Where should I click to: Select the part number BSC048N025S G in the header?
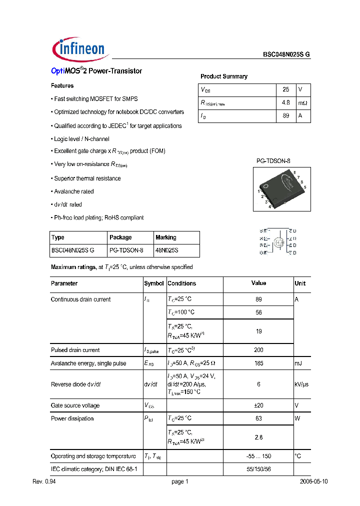pos(286,56)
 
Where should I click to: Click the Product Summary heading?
pos(223,76)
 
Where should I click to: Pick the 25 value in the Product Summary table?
pos(286,89)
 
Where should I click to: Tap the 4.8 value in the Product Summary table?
pos(286,103)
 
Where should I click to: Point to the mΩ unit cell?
pos(303,103)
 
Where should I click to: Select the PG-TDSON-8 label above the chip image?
pos(273,161)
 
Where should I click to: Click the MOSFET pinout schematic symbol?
pos(278,242)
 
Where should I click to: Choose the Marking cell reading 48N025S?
pos(167,250)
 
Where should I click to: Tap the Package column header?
pos(120,237)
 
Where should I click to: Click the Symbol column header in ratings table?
pos(154,283)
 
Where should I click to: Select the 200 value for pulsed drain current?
pos(258,350)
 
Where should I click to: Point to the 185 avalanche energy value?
pos(258,363)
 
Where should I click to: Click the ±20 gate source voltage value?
pos(258,405)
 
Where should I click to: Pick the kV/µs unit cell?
pos(302,384)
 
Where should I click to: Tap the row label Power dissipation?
pos(72,418)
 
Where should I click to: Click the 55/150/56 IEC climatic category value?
pos(258,469)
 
